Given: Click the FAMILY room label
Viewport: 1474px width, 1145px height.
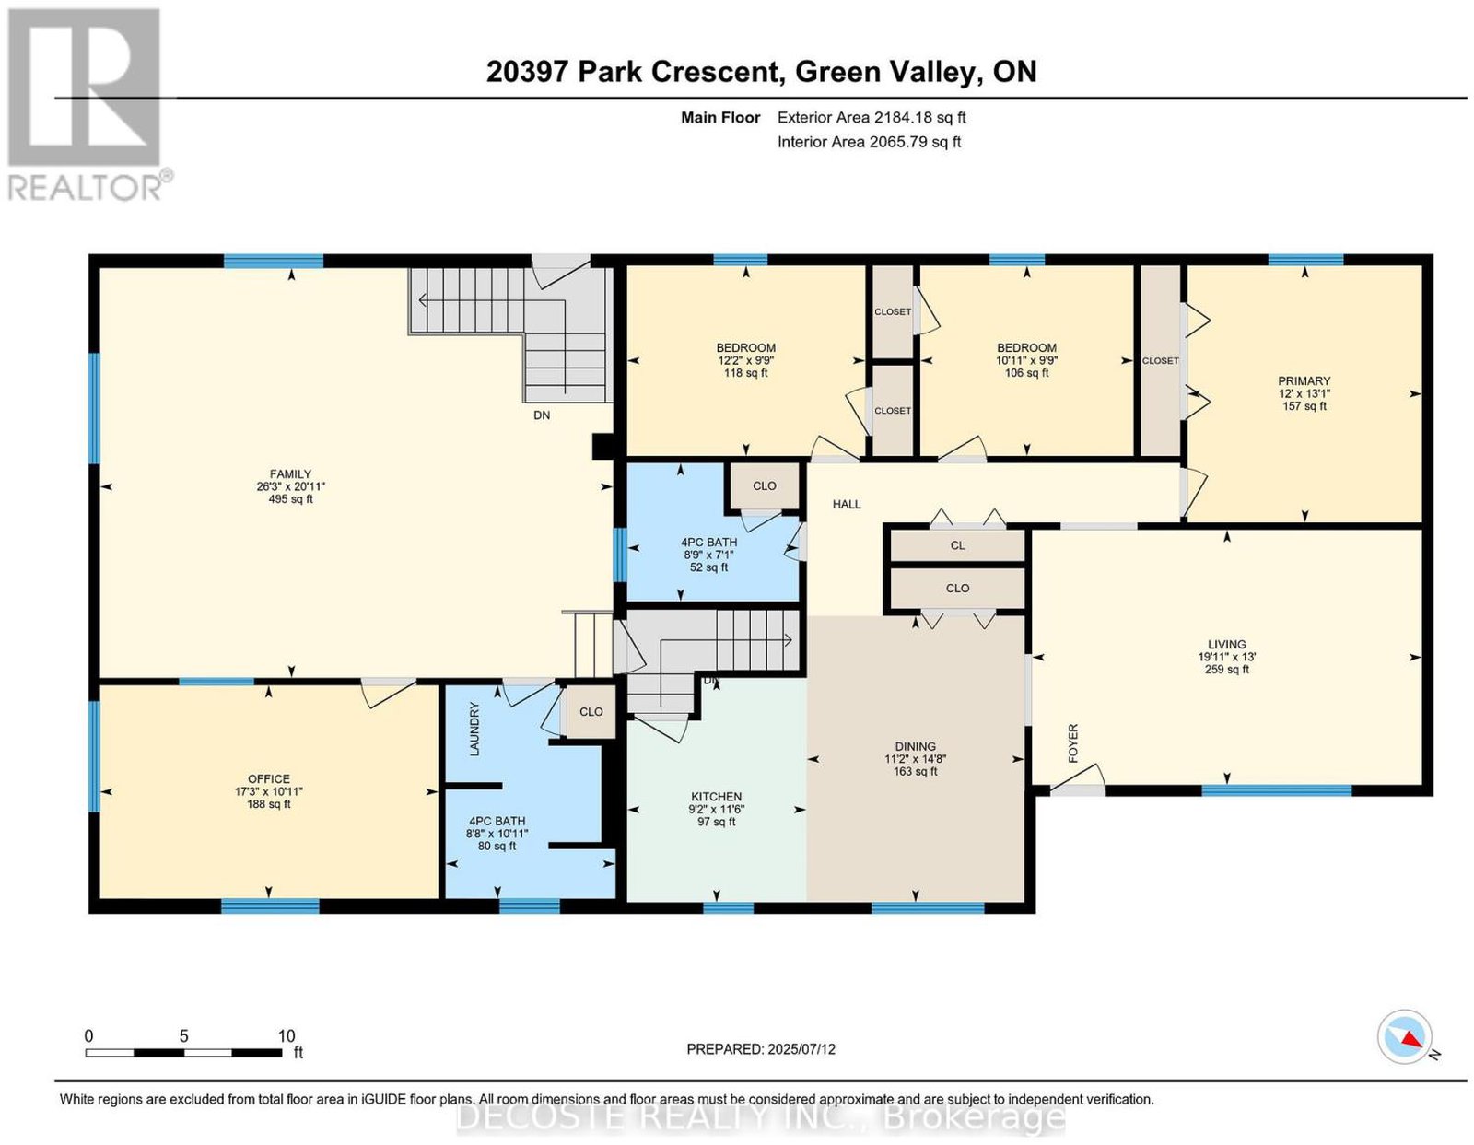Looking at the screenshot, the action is point(290,473).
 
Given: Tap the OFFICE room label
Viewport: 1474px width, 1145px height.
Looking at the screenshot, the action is point(269,779).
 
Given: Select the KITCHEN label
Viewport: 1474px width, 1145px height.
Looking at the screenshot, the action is point(717,797).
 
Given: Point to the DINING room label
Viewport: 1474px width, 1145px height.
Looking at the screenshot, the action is point(915,746).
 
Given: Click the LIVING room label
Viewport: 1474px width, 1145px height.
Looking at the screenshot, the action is point(1226,645).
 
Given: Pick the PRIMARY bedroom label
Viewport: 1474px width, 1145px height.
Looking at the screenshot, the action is point(1304,381).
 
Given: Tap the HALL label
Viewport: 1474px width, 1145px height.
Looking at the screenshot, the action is point(847,505).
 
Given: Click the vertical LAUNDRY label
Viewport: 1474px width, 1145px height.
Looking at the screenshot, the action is point(474,729).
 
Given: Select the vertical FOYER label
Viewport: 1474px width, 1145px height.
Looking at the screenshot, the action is point(1073,743).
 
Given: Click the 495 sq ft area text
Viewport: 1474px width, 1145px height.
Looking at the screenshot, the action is point(290,499).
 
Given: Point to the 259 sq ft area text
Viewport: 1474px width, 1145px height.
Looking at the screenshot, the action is point(1226,670).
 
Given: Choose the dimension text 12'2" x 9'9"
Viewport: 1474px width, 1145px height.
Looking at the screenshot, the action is point(746,361).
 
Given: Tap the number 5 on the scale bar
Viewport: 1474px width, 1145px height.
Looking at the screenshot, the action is point(184,1036).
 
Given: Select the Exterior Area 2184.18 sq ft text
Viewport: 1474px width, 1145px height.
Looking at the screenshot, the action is point(872,117).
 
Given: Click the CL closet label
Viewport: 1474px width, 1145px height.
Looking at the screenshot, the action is point(957,545).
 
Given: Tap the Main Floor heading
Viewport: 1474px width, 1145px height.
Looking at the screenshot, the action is point(720,117).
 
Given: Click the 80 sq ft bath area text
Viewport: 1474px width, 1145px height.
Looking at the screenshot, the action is point(497,846).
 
